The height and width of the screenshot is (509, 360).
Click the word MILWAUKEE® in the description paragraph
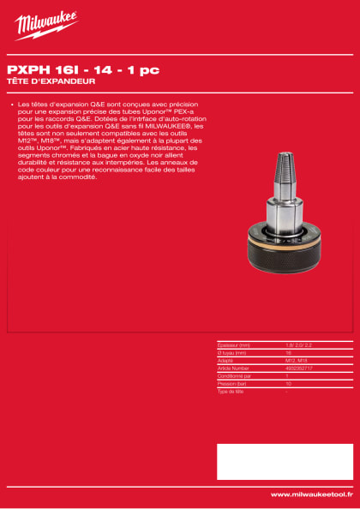point(172,126)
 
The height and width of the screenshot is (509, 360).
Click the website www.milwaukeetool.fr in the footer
point(311,494)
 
